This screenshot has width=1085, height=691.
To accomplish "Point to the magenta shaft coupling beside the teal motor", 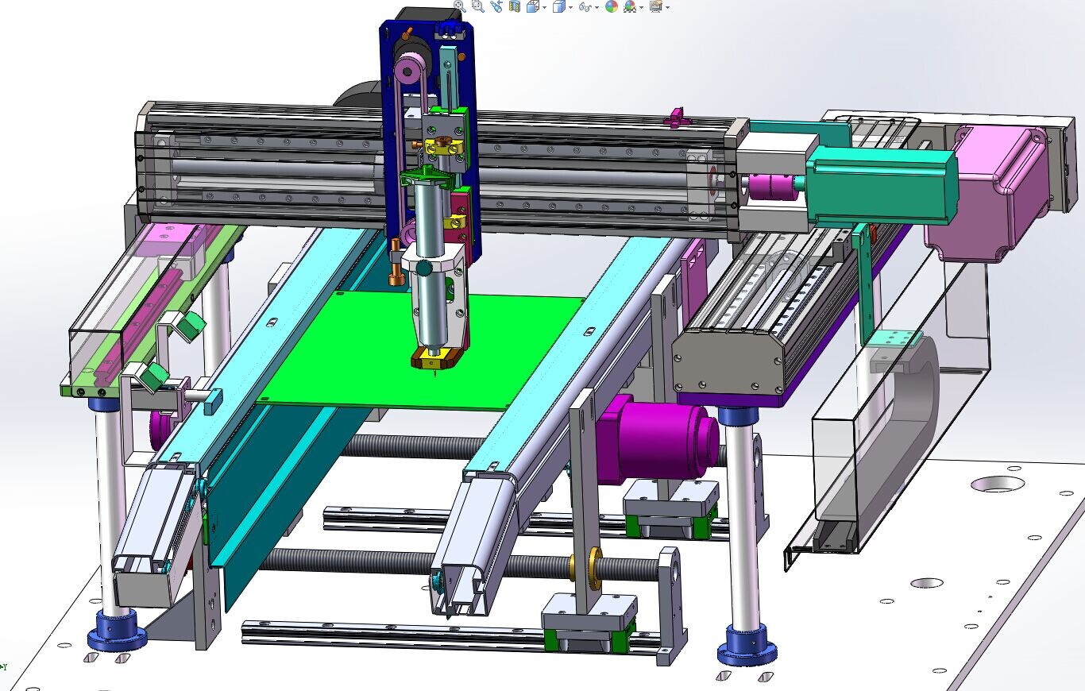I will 766,187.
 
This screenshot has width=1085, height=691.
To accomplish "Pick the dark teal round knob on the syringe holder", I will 426,268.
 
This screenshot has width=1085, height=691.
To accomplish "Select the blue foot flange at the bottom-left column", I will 117,631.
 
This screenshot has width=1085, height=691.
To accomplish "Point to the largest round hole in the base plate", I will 997,483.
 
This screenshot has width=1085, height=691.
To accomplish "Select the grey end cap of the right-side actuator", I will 727,361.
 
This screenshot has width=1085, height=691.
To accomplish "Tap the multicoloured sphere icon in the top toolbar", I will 611,6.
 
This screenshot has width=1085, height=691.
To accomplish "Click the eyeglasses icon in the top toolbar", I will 585,6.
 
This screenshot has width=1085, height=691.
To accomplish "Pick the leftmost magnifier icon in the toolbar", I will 460,6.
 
